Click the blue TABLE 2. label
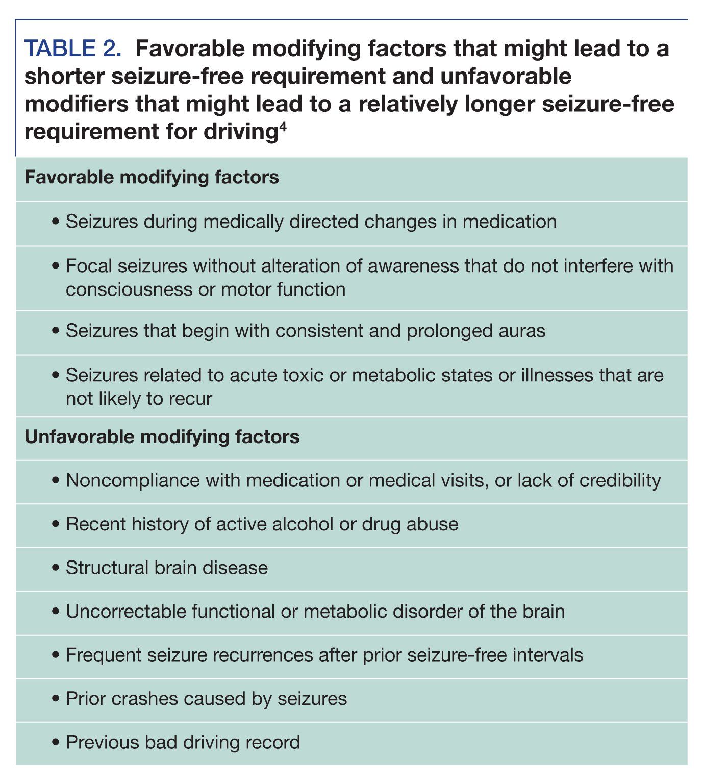(73, 49)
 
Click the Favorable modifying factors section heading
(152, 178)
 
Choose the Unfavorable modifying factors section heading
(162, 437)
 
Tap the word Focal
(90, 266)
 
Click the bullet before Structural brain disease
(56, 568)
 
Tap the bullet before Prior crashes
(56, 699)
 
